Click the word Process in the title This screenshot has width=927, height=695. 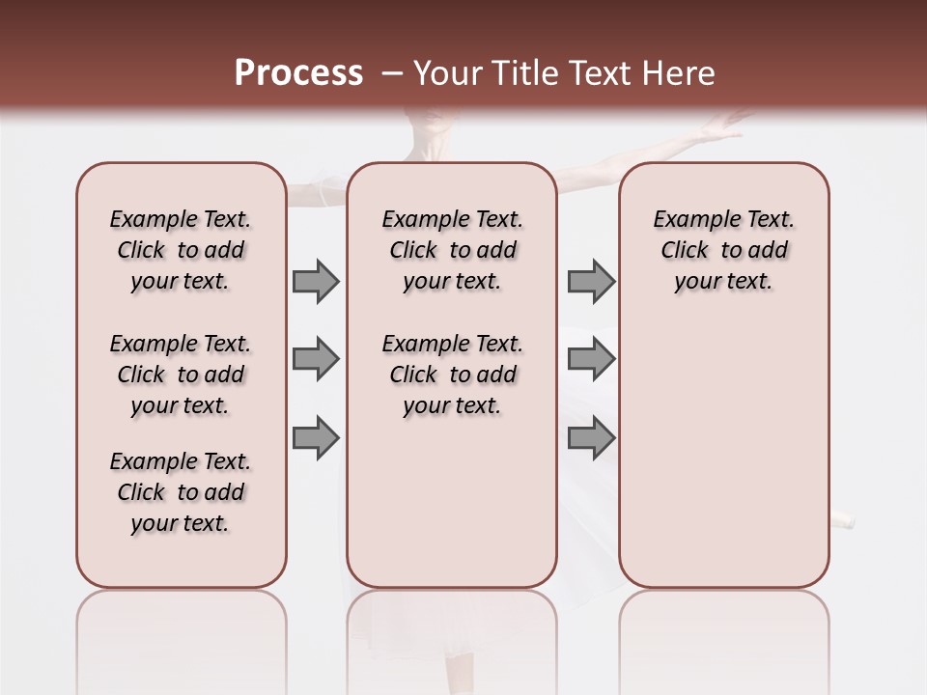(x=298, y=73)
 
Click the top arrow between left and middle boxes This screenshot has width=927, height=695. (x=316, y=282)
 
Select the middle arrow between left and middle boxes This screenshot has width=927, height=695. (x=316, y=360)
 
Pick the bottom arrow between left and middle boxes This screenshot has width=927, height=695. (x=316, y=438)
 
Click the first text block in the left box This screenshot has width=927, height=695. (x=181, y=251)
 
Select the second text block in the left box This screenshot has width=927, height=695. (x=181, y=375)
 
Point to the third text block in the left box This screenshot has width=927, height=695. (x=181, y=492)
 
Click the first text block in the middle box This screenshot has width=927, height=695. (x=452, y=251)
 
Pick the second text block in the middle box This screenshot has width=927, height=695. (x=452, y=375)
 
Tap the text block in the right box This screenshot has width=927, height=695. (x=723, y=251)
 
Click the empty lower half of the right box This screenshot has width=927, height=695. (x=723, y=463)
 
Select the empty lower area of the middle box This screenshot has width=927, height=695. (x=452, y=502)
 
